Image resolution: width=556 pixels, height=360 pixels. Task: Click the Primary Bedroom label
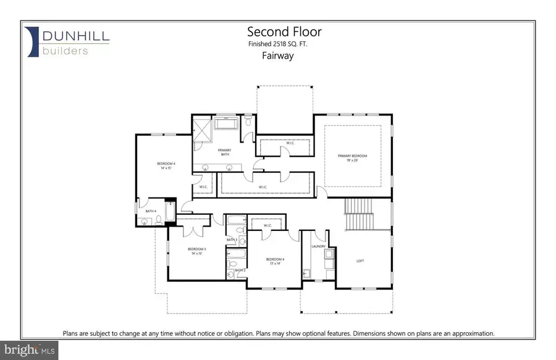(x=352, y=157)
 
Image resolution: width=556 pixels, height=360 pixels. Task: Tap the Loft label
(x=360, y=261)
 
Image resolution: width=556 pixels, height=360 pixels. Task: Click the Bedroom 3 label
(x=196, y=251)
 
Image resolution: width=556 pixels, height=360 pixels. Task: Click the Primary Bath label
(x=224, y=153)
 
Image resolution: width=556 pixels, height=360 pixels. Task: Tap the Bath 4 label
(x=150, y=211)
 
